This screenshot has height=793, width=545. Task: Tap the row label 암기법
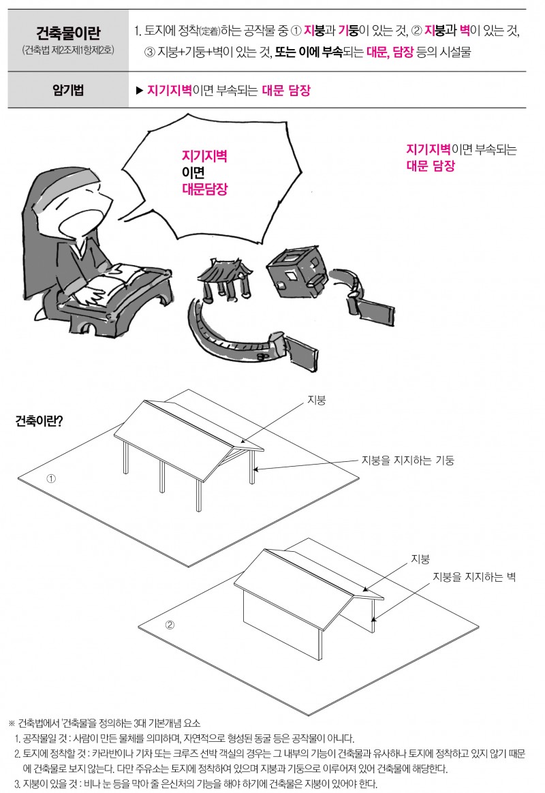tap(68, 90)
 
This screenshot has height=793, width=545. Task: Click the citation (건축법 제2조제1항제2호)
tap(68, 50)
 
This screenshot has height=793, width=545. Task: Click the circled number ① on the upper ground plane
tap(51, 478)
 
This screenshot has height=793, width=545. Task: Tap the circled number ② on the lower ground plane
tap(170, 624)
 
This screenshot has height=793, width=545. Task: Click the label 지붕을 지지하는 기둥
tap(407, 461)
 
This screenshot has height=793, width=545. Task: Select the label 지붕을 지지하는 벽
tap(474, 577)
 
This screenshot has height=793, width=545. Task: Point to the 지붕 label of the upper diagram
tap(317, 401)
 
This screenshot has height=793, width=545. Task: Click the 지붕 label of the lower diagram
tap(420, 559)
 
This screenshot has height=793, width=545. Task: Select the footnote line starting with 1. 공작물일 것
tap(184, 738)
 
